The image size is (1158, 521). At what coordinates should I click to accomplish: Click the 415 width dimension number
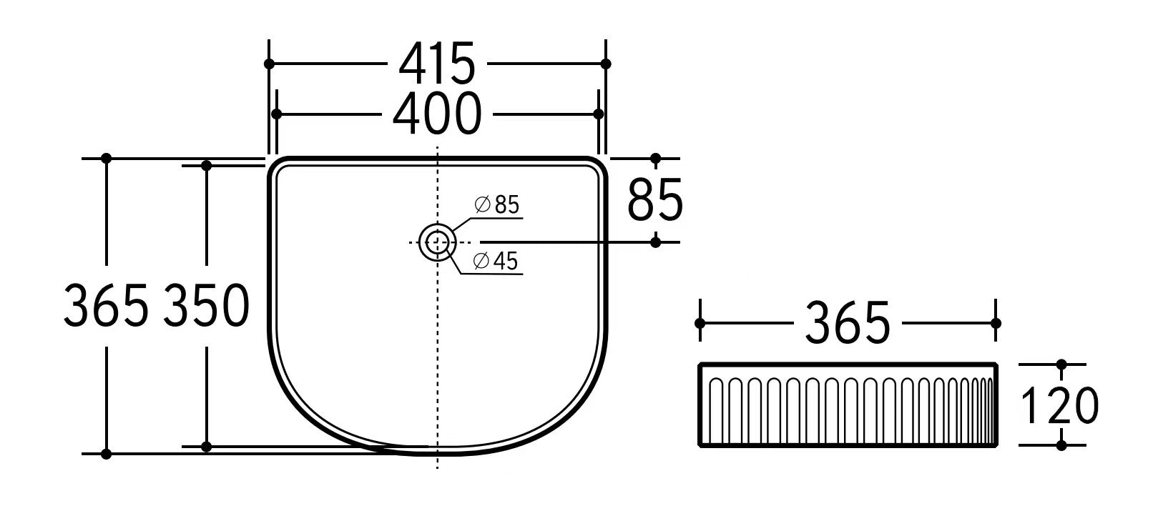(437, 63)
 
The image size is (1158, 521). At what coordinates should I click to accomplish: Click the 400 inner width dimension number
(437, 114)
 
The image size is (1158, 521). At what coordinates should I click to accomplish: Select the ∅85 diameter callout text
(497, 205)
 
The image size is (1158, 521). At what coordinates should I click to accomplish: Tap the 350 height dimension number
(207, 305)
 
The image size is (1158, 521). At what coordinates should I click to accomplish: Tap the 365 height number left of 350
(107, 305)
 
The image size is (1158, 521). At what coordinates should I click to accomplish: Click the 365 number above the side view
(848, 322)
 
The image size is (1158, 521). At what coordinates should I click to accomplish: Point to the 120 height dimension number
(1060, 405)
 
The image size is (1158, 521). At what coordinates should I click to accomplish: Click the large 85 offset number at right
(655, 200)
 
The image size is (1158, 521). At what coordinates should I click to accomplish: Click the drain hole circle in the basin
(437, 242)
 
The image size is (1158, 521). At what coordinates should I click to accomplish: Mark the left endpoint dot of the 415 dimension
(269, 64)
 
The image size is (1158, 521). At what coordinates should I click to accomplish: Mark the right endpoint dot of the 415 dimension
(606, 64)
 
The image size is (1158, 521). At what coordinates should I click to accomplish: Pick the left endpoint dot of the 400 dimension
(276, 114)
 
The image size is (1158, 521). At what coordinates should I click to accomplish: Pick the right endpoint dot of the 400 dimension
(599, 114)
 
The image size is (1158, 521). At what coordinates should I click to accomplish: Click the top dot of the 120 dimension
(1061, 364)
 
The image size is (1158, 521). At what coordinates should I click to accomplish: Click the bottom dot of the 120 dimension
(1061, 445)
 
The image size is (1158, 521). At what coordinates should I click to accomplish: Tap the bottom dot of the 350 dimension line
(207, 447)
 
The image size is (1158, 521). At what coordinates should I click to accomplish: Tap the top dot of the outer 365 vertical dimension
(107, 158)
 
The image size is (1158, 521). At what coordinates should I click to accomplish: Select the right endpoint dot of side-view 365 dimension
(996, 323)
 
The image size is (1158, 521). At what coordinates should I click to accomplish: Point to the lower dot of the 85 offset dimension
(656, 242)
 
